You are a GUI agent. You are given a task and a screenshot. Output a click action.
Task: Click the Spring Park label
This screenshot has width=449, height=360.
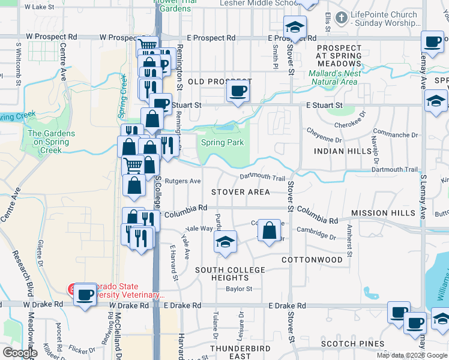222,143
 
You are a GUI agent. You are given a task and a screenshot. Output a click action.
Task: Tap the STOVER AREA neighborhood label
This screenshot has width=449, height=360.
241,192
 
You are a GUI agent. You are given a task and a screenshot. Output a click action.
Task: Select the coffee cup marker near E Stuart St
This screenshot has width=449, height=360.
238,92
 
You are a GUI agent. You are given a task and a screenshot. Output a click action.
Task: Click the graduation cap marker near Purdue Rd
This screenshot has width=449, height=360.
225,242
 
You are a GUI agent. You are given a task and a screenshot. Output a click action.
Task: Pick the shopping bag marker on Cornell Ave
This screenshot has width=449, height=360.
270,230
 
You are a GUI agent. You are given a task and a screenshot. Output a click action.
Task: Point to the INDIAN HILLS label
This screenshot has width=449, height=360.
343,151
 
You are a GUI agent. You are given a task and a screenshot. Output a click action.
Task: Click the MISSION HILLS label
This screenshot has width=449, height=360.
383,213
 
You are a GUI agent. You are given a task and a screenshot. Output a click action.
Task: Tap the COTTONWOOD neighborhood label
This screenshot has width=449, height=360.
312,260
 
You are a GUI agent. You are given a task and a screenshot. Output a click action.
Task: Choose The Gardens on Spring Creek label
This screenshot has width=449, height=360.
52,142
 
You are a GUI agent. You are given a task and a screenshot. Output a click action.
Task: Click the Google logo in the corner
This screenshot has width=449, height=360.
20,353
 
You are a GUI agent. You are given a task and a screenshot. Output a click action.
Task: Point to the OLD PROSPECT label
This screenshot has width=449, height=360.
220,81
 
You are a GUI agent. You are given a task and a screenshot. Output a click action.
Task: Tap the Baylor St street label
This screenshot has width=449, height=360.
239,289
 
